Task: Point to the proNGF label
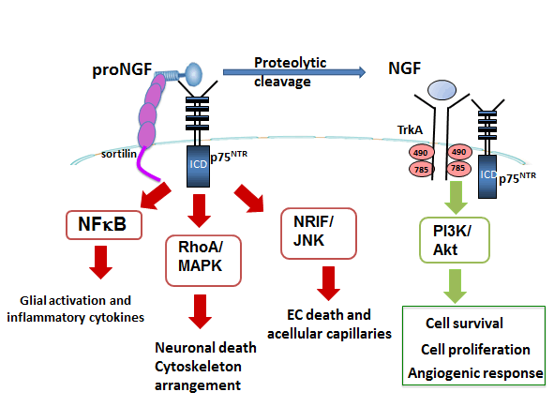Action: pyautogui.click(x=120, y=72)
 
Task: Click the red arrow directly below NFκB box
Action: pyautogui.click(x=98, y=263)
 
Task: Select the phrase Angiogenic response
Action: pyautogui.click(x=475, y=373)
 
